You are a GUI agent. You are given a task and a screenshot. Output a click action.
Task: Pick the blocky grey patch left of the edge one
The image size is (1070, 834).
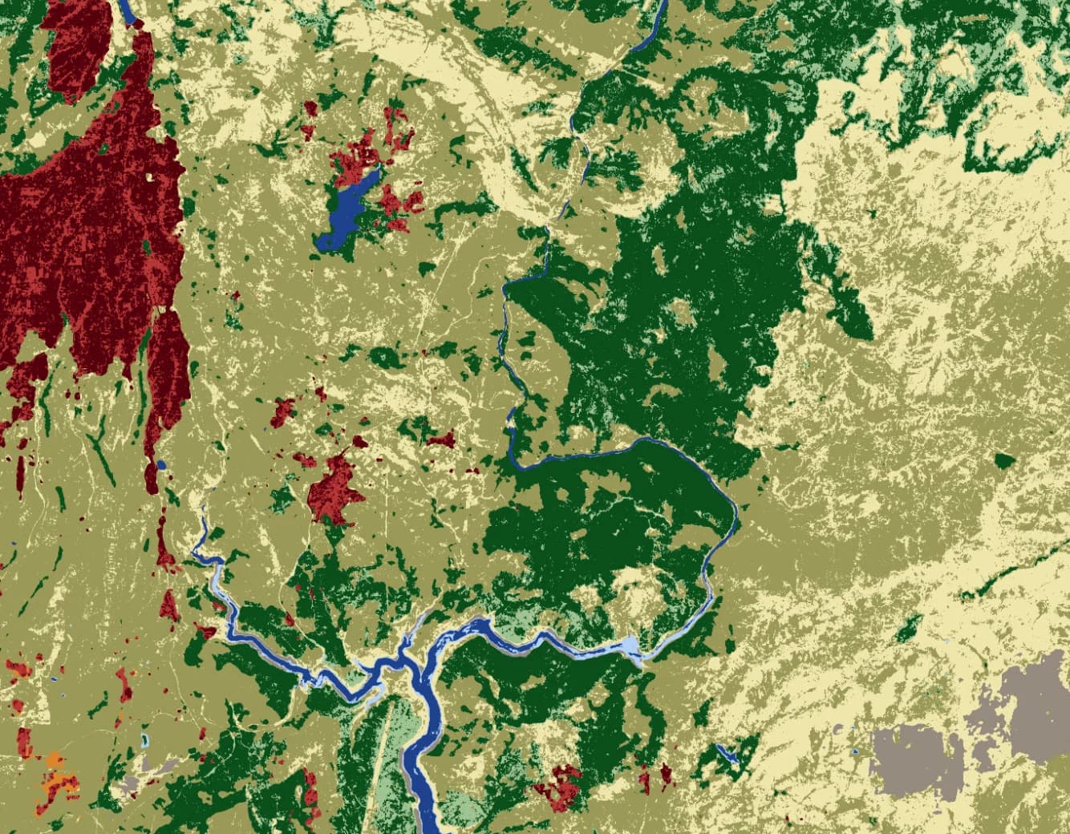(914, 758)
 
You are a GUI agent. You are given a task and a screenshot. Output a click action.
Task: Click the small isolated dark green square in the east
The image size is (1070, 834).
(1003, 460)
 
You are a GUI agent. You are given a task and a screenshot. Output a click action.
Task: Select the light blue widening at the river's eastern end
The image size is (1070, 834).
(630, 647)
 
